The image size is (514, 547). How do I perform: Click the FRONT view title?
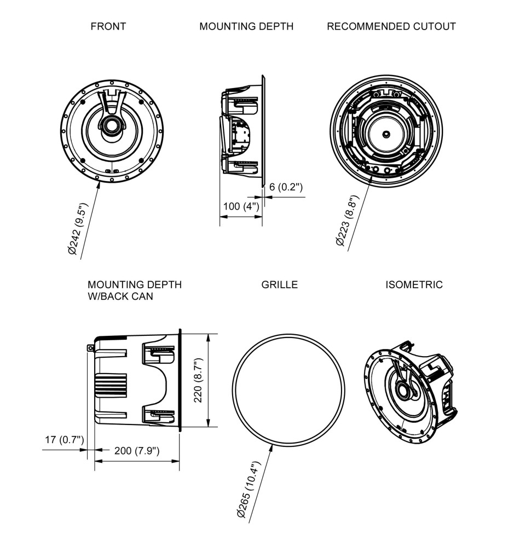point(108,26)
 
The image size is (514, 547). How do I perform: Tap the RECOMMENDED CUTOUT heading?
point(391,26)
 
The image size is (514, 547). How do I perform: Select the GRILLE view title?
point(279,284)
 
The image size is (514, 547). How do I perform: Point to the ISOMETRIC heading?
point(414,284)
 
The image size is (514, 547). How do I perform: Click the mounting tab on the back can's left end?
point(91,347)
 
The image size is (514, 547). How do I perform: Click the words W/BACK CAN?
point(120,296)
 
